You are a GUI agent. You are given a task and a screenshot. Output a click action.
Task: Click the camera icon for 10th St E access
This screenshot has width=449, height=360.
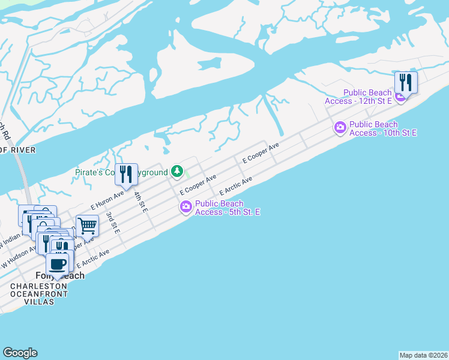[340, 127]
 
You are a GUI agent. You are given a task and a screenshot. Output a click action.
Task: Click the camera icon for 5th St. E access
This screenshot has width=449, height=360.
[186, 207]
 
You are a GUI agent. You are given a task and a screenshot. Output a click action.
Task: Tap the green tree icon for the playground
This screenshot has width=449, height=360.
[177, 172]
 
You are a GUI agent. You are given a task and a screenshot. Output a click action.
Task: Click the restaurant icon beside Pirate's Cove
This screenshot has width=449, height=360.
[125, 175]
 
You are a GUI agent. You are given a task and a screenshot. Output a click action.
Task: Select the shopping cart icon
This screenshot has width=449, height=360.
[87, 226]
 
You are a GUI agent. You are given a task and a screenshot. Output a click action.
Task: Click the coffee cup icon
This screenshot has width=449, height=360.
[58, 264]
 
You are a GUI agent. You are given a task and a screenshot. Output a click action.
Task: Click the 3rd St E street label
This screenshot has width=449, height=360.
[113, 222]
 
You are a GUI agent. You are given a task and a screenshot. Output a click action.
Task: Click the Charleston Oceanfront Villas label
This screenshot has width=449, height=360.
[38, 294]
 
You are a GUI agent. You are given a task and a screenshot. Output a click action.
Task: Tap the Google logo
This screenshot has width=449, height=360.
[20, 353]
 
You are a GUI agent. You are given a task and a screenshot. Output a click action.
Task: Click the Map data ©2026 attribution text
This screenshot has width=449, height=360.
[423, 355]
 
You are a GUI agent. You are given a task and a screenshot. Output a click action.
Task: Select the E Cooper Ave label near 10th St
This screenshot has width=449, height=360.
[261, 154]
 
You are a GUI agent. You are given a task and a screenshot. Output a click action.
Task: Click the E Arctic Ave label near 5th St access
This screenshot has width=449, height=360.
[236, 185]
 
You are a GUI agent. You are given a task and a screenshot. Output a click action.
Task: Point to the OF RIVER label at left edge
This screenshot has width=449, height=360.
[18, 149]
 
